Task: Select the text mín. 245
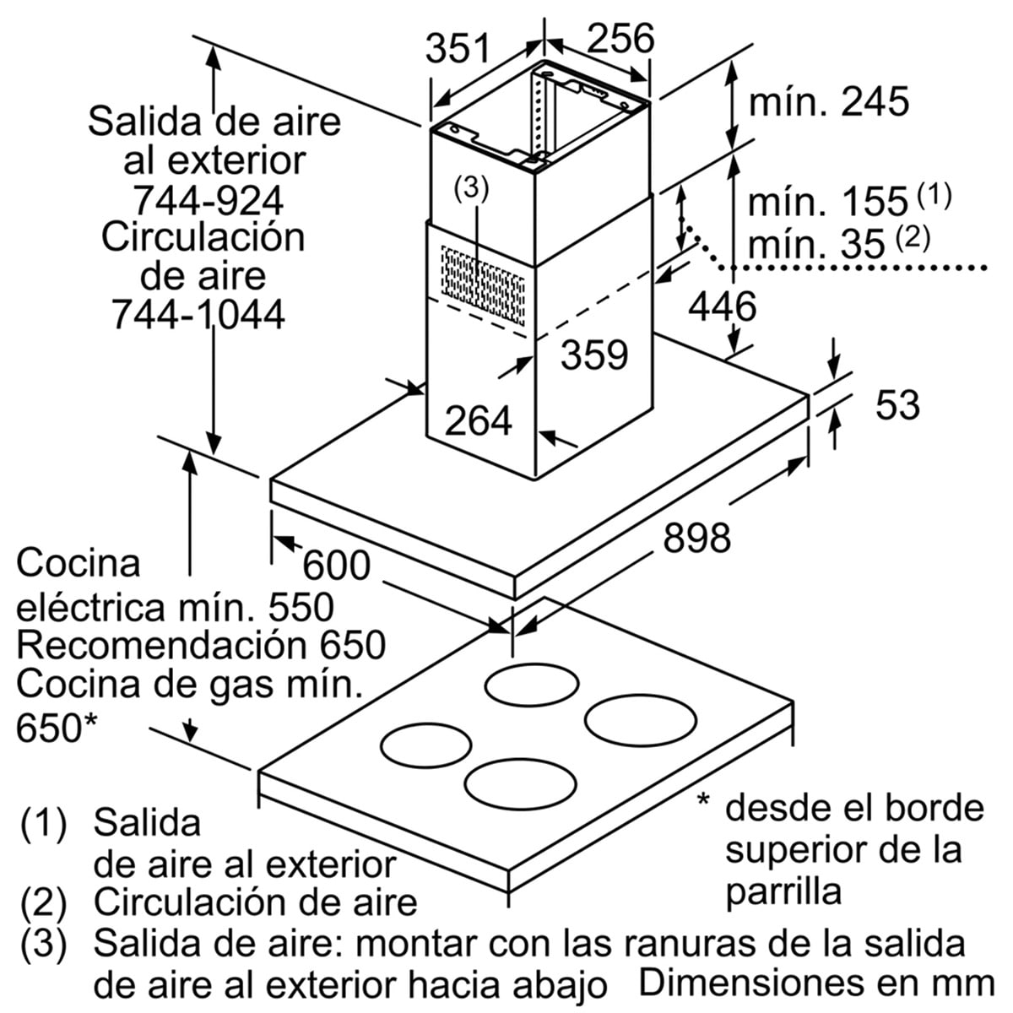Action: pyautogui.click(x=829, y=101)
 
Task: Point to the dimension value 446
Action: pyautogui.click(x=721, y=306)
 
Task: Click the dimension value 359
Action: pyautogui.click(x=596, y=355)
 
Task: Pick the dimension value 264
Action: pyautogui.click(x=479, y=420)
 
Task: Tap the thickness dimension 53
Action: pyautogui.click(x=897, y=405)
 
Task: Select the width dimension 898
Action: pyautogui.click(x=696, y=537)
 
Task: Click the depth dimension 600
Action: pyautogui.click(x=337, y=565)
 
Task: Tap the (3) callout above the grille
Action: pyautogui.click(x=470, y=188)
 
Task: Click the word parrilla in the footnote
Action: pyautogui.click(x=783, y=891)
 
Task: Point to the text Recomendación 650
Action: pyautogui.click(x=201, y=646)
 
